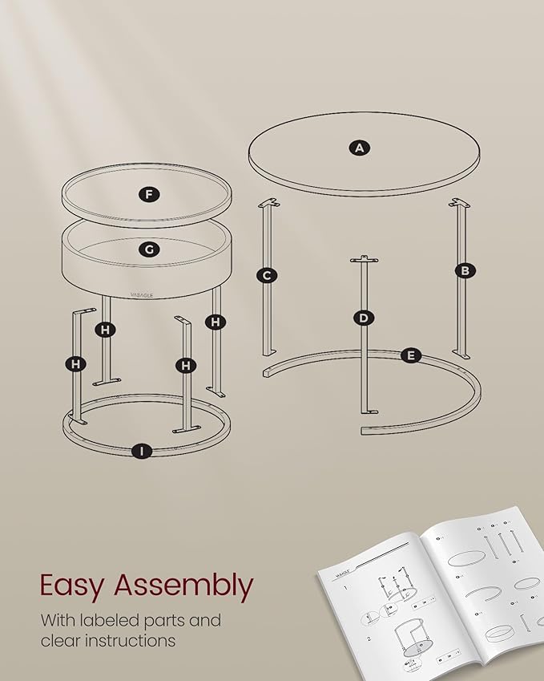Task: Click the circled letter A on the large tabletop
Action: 360,147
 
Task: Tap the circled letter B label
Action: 464,270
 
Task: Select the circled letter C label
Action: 267,276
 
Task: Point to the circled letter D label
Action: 364,318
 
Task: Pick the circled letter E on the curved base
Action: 410,355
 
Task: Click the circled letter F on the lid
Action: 148,194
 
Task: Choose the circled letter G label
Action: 148,249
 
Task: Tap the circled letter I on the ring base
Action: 142,451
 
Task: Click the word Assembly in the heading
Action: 183,586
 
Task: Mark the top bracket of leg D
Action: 364,258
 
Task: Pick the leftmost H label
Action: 75,364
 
